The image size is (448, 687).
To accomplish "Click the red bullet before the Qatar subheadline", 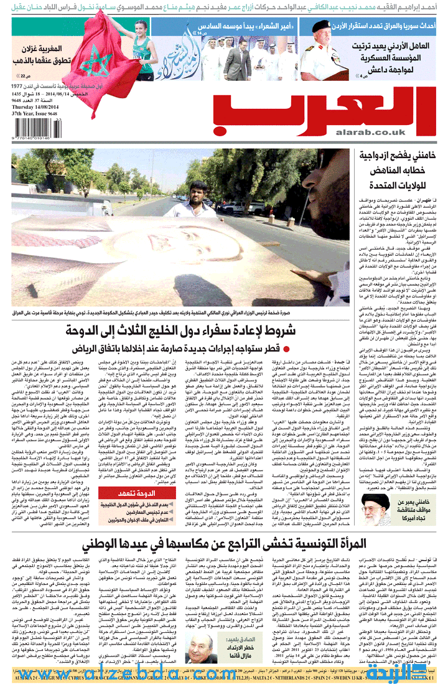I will [287, 348].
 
